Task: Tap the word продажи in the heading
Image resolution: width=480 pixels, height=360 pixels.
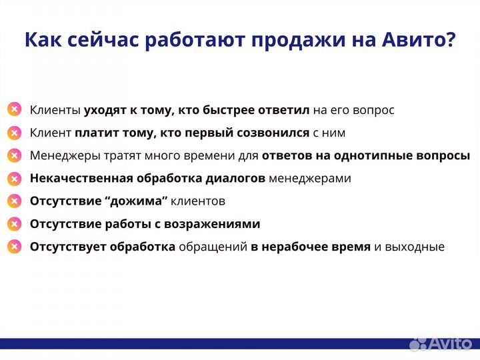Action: [297, 40]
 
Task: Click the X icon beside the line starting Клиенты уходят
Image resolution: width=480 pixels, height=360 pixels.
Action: [14, 110]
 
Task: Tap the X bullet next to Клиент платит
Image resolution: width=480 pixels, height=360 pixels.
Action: [14, 133]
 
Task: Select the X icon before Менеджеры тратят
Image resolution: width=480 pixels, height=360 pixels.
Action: [14, 155]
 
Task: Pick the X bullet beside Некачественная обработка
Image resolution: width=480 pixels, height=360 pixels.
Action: [14, 179]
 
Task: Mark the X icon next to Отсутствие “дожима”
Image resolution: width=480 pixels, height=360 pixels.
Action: [14, 201]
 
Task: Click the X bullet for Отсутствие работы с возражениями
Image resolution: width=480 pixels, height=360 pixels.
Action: [14, 224]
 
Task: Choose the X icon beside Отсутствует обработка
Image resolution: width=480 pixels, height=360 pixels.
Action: [14, 247]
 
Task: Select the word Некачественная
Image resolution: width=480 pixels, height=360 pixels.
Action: [81, 179]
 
